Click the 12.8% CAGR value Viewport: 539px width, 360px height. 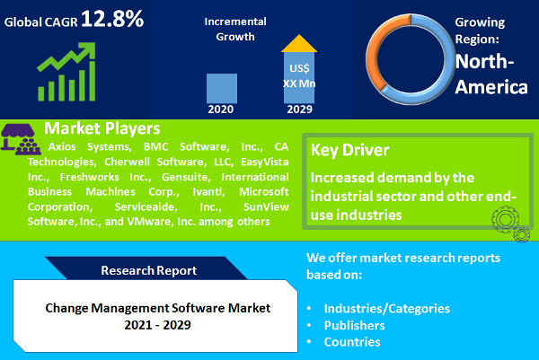coord(111,19)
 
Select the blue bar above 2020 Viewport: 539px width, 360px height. coord(222,88)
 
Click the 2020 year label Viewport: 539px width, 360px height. coord(222,110)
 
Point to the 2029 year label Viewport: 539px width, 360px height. coord(300,110)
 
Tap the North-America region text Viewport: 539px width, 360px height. coord(490,75)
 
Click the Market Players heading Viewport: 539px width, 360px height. coord(102,127)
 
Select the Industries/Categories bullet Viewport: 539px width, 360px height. coord(386,308)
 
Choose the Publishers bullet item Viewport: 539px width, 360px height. coord(356,325)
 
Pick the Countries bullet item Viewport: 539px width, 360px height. coord(352,342)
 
